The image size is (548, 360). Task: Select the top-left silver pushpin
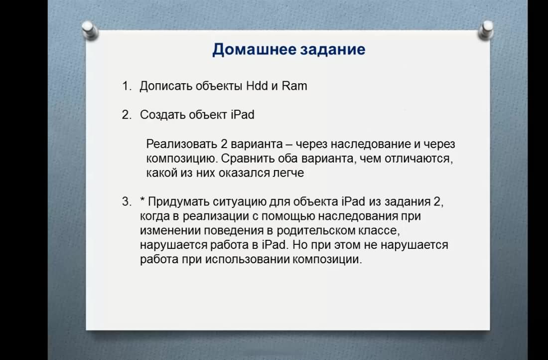[x=90, y=30]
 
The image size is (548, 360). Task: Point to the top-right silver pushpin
[x=486, y=30]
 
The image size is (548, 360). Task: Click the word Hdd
[x=257, y=86]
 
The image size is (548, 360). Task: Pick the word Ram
[x=294, y=86]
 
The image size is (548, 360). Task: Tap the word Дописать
[x=166, y=86]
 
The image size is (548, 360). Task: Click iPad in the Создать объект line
[x=243, y=115]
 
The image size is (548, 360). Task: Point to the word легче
[x=288, y=173]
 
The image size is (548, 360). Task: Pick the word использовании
[x=247, y=259]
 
